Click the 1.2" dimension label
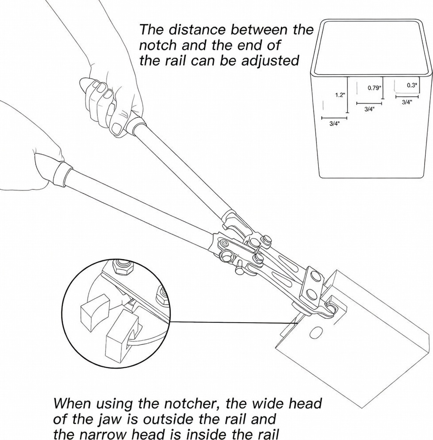point(339,95)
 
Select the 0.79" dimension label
point(374,88)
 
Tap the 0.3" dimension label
point(412,85)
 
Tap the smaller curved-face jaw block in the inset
point(95,312)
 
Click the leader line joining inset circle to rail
point(232,322)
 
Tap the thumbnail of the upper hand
point(117,128)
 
